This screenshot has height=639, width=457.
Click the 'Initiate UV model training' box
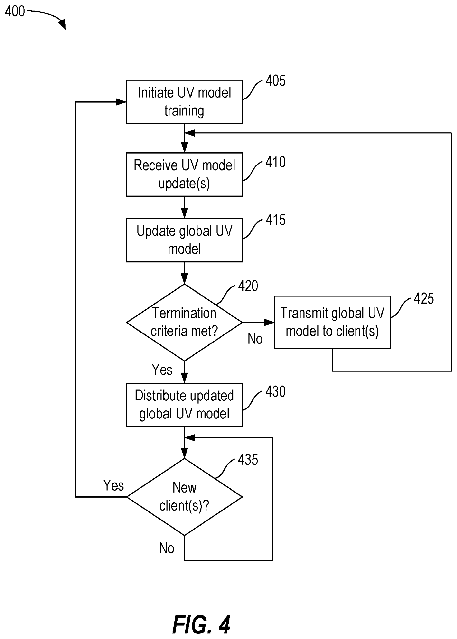coord(184,102)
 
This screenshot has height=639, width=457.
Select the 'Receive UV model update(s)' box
coord(184,174)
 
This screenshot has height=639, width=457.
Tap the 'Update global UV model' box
coord(184,240)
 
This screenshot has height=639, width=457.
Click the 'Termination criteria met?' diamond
coord(184,322)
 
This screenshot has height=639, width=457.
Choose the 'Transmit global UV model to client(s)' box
coord(332,322)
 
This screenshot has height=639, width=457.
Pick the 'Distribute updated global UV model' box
coord(184,405)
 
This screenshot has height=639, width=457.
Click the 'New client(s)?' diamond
coord(184,497)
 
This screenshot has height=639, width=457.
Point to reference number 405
coord(275,81)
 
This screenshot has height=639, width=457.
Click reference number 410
coord(275,162)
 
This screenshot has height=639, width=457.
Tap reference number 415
coord(275,220)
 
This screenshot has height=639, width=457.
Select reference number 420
coord(248,286)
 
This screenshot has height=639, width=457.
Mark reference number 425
coord(423,299)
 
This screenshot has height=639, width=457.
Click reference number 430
coord(275,392)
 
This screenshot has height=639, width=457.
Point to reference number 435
coord(248,460)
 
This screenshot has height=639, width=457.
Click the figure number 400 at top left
coord(15,11)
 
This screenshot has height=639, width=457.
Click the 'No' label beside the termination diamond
coord(255,339)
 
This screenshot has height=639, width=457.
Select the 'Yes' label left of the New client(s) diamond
coord(113,485)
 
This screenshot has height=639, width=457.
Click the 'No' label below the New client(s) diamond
coord(167,548)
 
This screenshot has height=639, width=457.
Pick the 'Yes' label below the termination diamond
coord(162,370)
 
